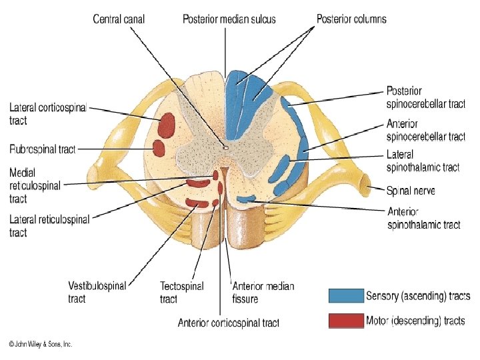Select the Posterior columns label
351,19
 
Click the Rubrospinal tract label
43,149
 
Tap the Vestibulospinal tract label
97,292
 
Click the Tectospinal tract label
181,292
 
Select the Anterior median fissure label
263,292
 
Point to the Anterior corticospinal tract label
229,323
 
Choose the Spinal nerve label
411,191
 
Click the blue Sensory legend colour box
345,295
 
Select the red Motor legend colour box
345,321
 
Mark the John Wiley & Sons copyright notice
40,344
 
